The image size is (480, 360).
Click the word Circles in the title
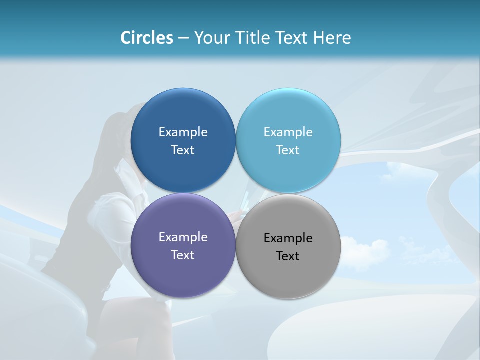147,38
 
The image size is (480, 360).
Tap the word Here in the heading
332,38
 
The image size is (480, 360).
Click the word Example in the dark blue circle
183,132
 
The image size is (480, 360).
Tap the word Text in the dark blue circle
183,150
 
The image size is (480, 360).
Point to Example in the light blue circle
288,132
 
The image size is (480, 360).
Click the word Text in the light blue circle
288,150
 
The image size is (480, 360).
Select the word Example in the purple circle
183,237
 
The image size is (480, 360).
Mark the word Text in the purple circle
183,255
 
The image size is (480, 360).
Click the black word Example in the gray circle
288,238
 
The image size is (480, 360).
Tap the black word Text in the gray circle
288,256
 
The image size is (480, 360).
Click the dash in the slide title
183,38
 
